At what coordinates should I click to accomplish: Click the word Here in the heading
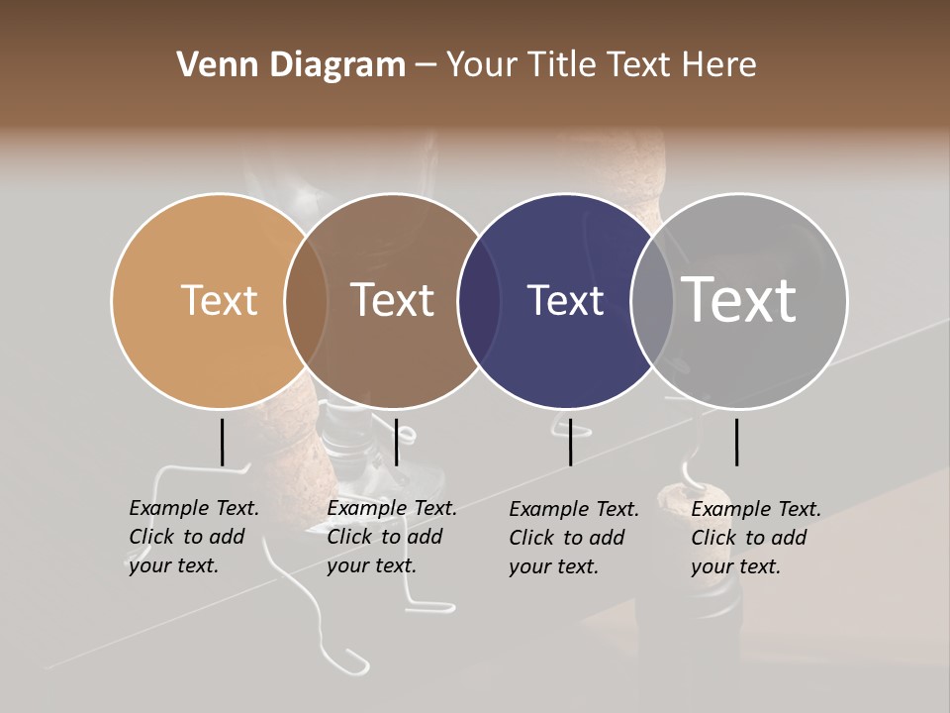719,65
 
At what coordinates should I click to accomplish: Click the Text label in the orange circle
219,300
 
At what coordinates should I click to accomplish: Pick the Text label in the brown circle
393,300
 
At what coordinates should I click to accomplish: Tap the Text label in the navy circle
565,300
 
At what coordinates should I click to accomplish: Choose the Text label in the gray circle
739,300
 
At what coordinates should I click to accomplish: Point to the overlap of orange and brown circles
306,301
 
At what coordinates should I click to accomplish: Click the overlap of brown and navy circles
480,301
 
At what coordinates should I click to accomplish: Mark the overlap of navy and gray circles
653,301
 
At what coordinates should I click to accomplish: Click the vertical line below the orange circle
222,442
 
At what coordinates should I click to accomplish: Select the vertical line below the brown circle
396,442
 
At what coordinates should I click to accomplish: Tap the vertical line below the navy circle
570,442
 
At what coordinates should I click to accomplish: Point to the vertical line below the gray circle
736,442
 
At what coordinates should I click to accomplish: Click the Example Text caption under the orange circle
193,537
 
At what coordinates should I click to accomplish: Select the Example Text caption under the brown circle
391,537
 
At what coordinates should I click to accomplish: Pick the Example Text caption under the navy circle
574,538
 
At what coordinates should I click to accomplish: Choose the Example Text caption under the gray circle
756,538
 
